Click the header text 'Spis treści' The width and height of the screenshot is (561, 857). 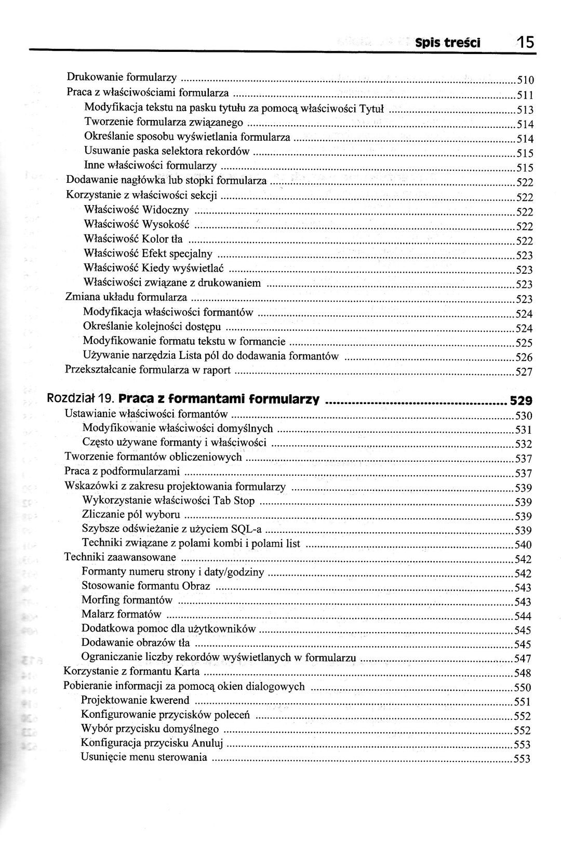(448, 43)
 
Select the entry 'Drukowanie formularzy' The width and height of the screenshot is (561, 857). (122, 77)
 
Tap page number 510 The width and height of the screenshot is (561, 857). (525, 81)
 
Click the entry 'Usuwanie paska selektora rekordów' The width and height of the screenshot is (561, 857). (167, 151)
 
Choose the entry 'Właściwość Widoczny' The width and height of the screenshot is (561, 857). (137, 210)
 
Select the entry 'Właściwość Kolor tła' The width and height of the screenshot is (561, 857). (133, 239)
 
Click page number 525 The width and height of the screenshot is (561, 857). (524, 343)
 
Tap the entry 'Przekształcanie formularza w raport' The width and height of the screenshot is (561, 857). (148, 370)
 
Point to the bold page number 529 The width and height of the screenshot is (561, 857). (521, 400)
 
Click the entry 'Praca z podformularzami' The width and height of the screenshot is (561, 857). (122, 471)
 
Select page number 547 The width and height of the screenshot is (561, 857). (522, 659)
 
